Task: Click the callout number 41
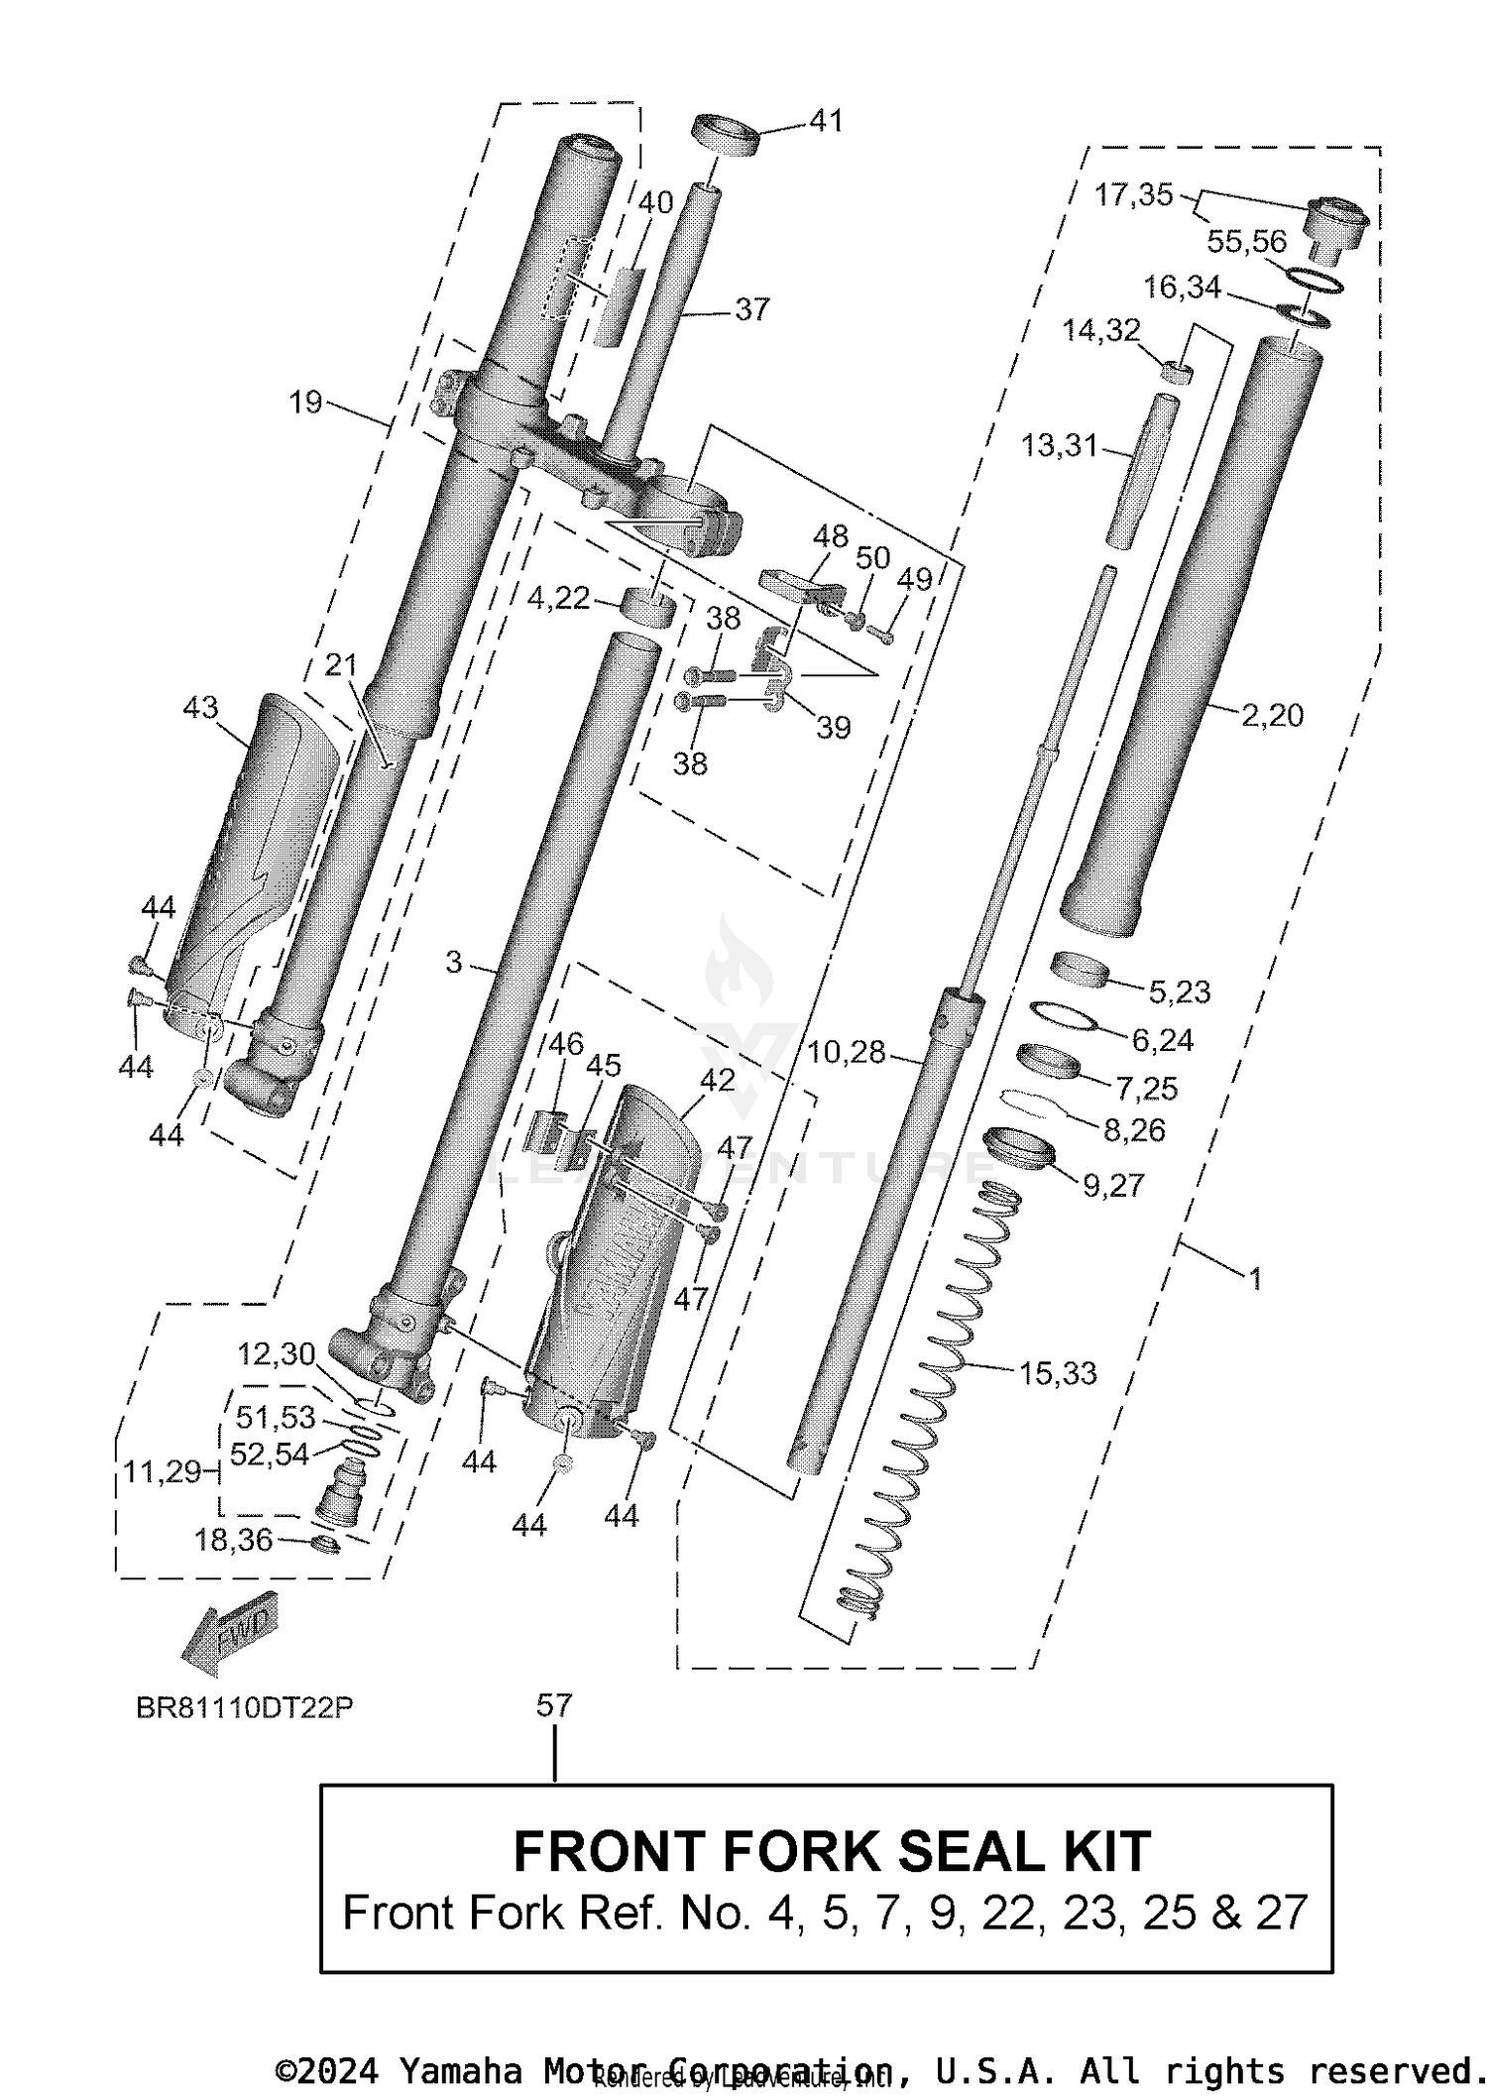[x=826, y=121]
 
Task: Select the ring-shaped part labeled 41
[x=725, y=135]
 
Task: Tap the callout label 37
[x=751, y=309]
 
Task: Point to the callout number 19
[x=305, y=402]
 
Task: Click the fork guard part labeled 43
[x=256, y=853]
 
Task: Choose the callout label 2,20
[x=1272, y=715]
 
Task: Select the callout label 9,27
[x=1113, y=1185]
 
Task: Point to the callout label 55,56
[x=1246, y=241]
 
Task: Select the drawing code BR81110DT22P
[x=245, y=1708]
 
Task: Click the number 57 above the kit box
[x=554, y=1705]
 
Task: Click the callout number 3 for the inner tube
[x=453, y=962]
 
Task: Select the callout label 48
[x=830, y=536]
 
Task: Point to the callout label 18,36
[x=233, y=1540]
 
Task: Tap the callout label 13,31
[x=1059, y=446]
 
